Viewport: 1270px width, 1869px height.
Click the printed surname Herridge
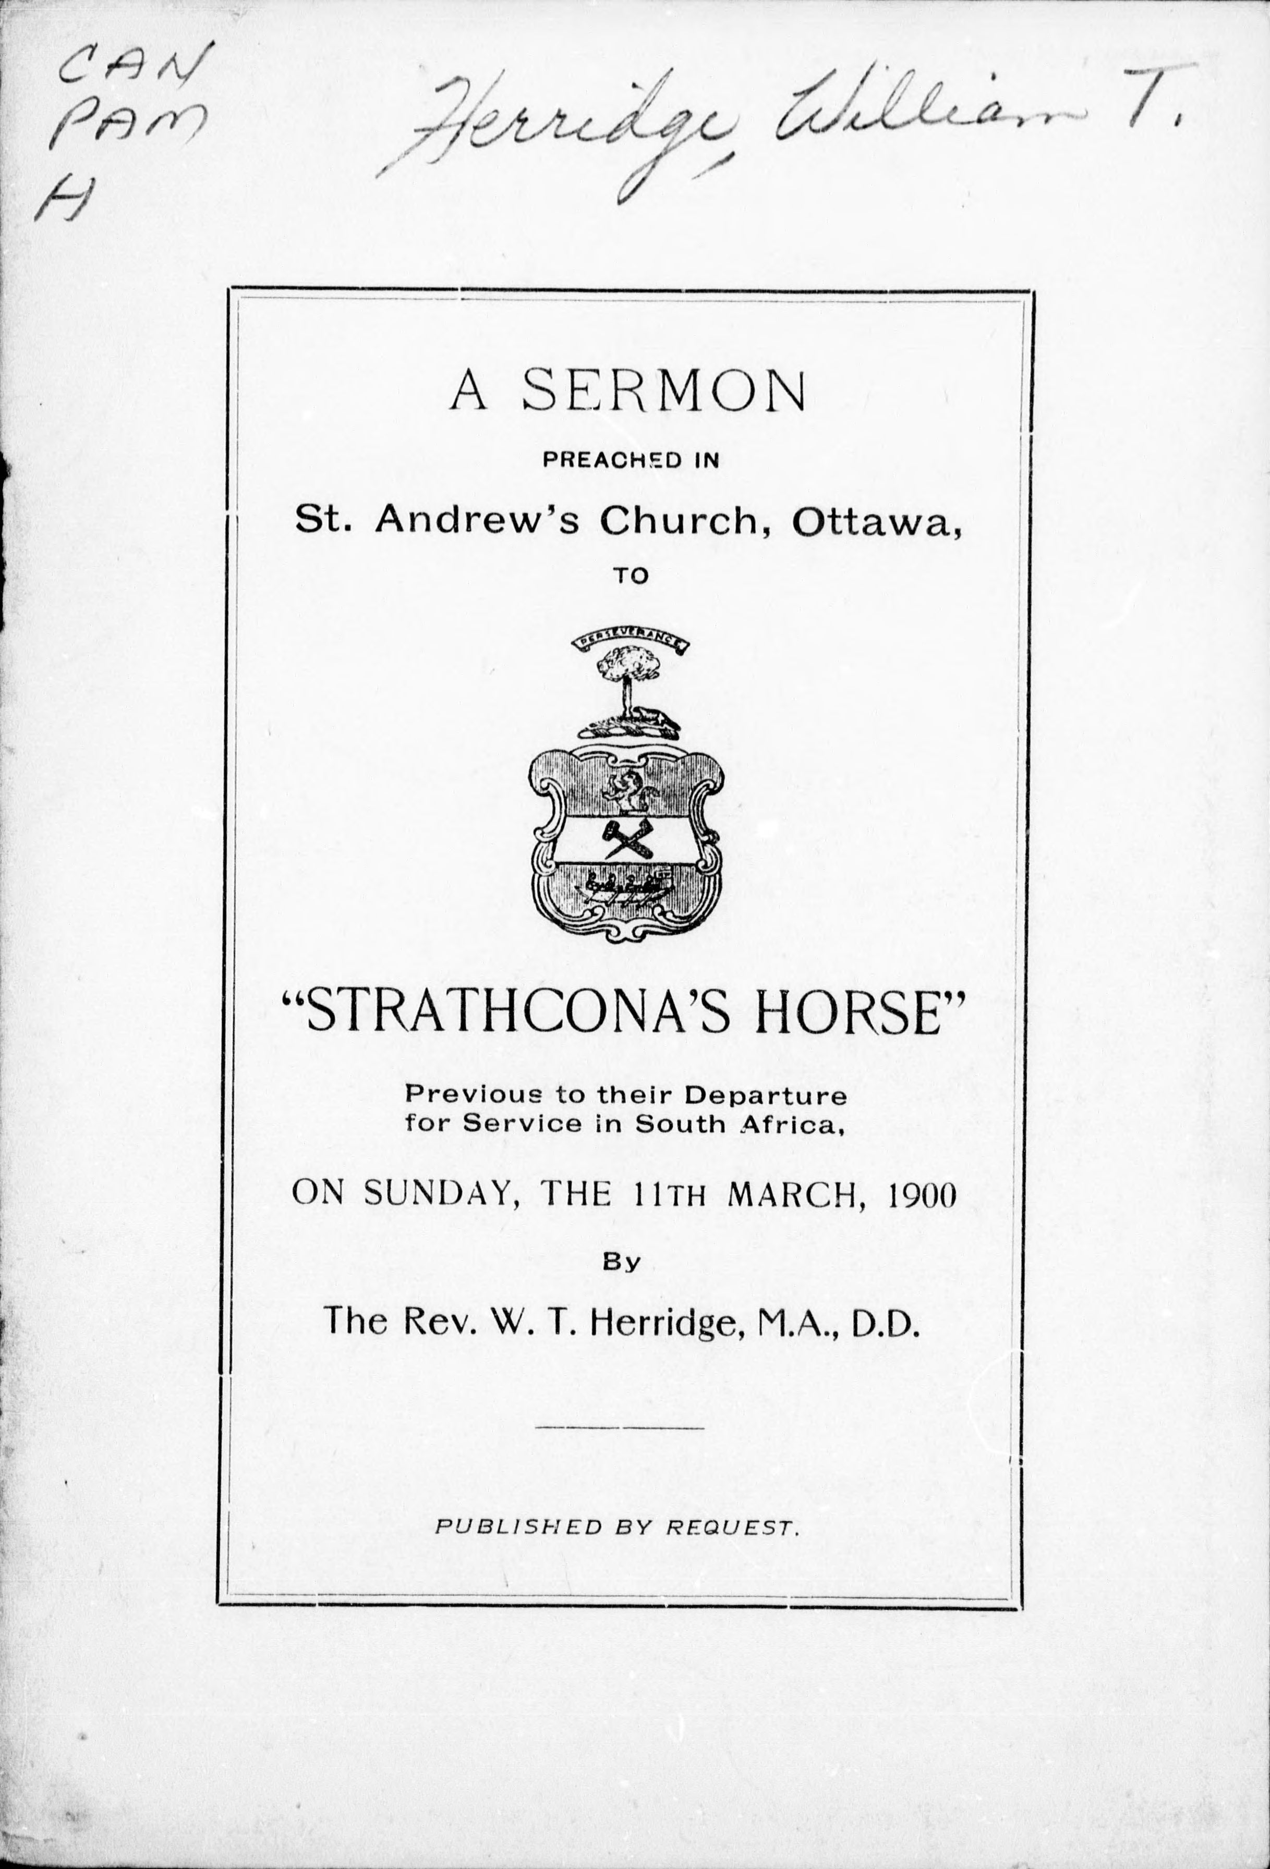click(x=665, y=1322)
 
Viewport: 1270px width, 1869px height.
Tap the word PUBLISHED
click(x=518, y=1526)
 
